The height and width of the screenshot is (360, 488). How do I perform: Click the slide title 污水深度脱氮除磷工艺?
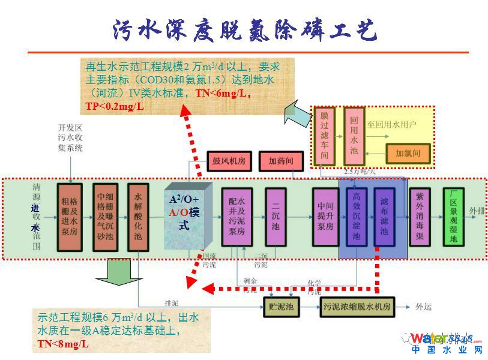245,29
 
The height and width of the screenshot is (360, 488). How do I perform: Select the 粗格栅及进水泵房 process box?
70,217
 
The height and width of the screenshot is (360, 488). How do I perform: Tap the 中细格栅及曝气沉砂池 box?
104,217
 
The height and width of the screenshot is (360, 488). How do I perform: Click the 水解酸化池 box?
138,217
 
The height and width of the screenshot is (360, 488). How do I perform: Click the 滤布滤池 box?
384,217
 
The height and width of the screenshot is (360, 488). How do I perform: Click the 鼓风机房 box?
229,161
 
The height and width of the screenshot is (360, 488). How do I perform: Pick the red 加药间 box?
280,161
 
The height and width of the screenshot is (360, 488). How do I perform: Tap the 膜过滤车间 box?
325,136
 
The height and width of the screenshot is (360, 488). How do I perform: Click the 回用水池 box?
354,136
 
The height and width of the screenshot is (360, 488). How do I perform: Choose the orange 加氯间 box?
408,153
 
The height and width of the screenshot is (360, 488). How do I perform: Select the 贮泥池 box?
280,307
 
